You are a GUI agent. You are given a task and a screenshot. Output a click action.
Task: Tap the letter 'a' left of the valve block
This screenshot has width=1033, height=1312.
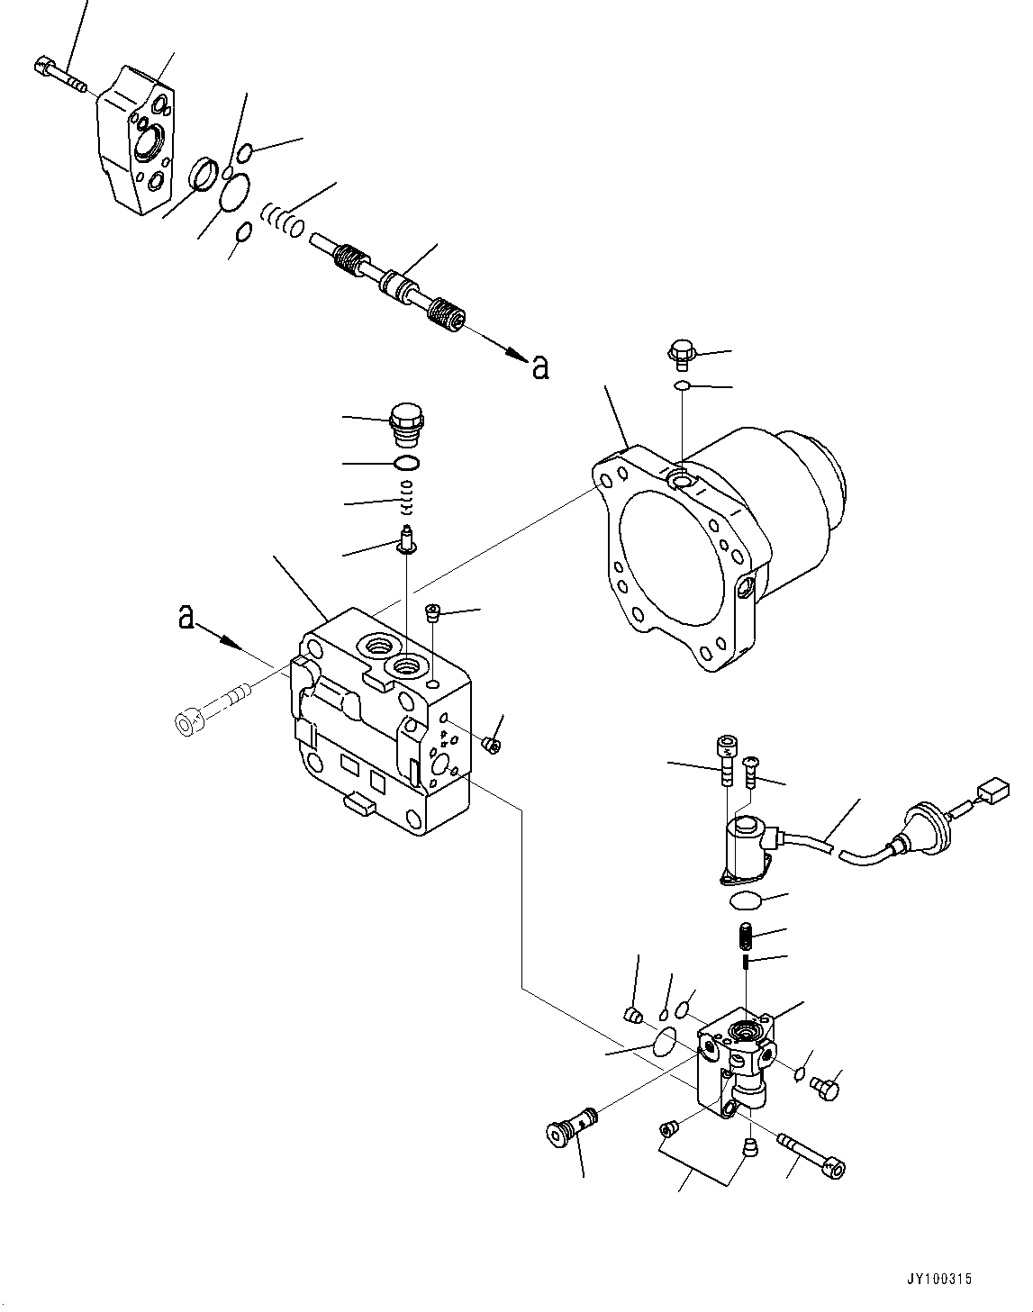click(x=186, y=617)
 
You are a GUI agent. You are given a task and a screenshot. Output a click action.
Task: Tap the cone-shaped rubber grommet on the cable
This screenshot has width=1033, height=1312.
click(x=923, y=828)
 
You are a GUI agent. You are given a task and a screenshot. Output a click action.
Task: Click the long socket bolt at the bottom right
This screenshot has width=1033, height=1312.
click(x=810, y=1154)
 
